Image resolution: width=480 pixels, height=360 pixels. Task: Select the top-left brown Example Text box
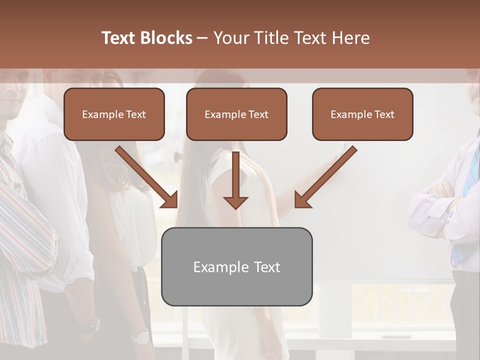114,114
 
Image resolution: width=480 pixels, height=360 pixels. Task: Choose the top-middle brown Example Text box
236,114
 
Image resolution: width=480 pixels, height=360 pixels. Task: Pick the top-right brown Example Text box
362,114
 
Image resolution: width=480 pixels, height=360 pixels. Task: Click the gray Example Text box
236,266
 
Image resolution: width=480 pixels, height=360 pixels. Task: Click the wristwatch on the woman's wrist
140,337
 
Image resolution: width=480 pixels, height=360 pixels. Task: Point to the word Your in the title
231,38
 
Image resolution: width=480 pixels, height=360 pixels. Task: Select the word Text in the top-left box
135,114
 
